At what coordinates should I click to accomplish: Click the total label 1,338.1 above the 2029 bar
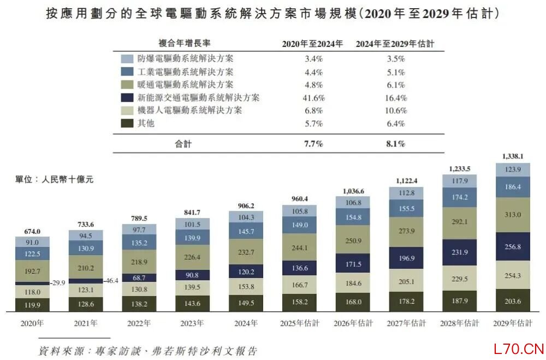(512, 157)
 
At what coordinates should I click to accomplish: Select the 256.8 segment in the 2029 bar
(512, 246)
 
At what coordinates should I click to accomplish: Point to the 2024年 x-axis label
(245, 323)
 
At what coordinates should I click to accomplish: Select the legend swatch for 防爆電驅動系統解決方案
(127, 58)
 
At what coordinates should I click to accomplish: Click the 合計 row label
(183, 144)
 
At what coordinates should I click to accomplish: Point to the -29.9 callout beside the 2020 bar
(58, 283)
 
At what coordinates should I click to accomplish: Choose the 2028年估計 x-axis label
(459, 323)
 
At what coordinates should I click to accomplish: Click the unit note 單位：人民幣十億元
(55, 179)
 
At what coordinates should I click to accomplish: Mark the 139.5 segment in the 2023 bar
(192, 287)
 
